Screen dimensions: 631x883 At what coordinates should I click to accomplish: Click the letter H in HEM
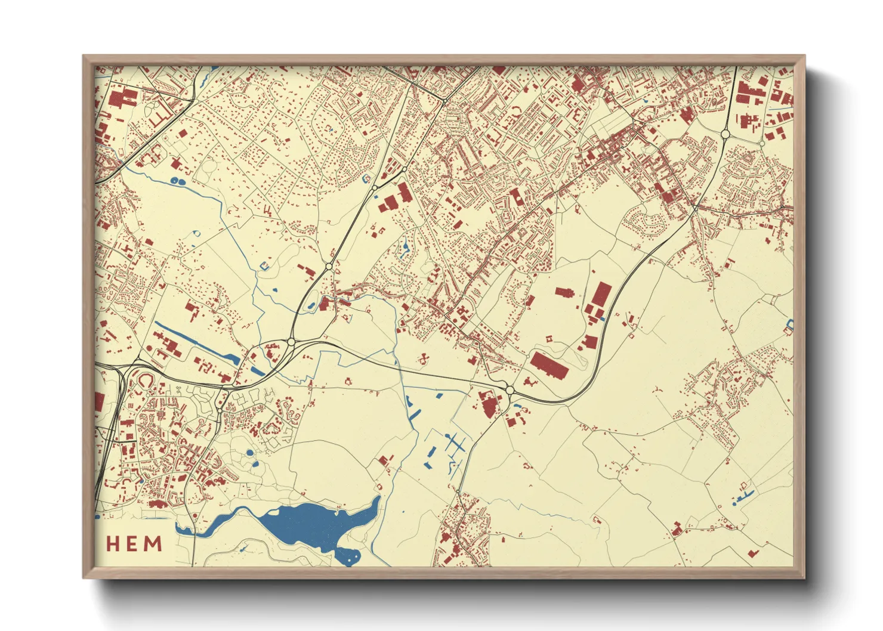pos(115,544)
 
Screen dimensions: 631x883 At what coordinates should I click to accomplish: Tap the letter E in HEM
pos(134,544)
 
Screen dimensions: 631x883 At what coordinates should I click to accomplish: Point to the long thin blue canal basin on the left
pos(197,343)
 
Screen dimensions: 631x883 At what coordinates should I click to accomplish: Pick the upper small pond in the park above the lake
pos(249,453)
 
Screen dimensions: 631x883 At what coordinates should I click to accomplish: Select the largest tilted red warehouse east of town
pos(549,365)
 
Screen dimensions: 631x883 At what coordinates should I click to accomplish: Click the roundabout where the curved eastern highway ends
pos(510,390)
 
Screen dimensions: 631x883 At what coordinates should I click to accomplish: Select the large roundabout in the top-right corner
pos(725,135)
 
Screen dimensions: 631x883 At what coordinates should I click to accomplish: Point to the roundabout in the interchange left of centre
pos(291,342)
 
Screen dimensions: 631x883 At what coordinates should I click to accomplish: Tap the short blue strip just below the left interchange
pos(258,370)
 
